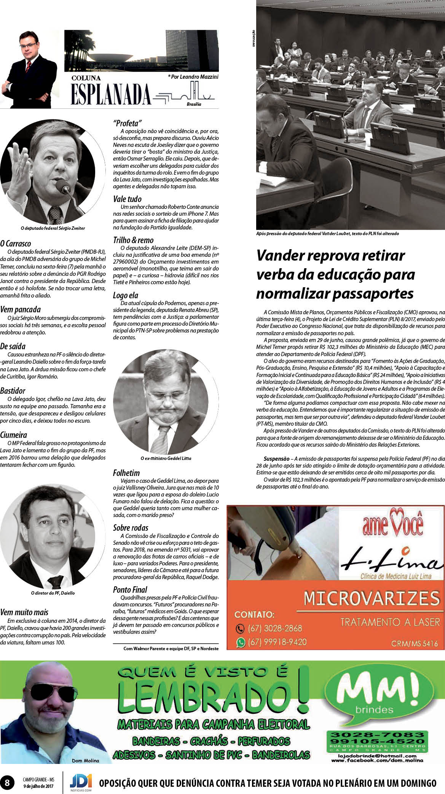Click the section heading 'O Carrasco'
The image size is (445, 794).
(16, 243)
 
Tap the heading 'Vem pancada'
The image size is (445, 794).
(20, 309)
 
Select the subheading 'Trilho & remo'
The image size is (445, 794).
(133, 240)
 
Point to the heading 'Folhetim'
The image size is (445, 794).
(126, 473)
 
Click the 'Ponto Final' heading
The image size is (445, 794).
(130, 590)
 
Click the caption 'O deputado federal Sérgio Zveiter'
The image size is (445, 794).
(53, 228)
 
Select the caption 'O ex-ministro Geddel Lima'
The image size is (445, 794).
(166, 458)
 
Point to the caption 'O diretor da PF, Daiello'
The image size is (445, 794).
(53, 593)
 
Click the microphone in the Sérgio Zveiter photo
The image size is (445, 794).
(63, 187)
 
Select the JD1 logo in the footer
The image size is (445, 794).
(81, 781)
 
